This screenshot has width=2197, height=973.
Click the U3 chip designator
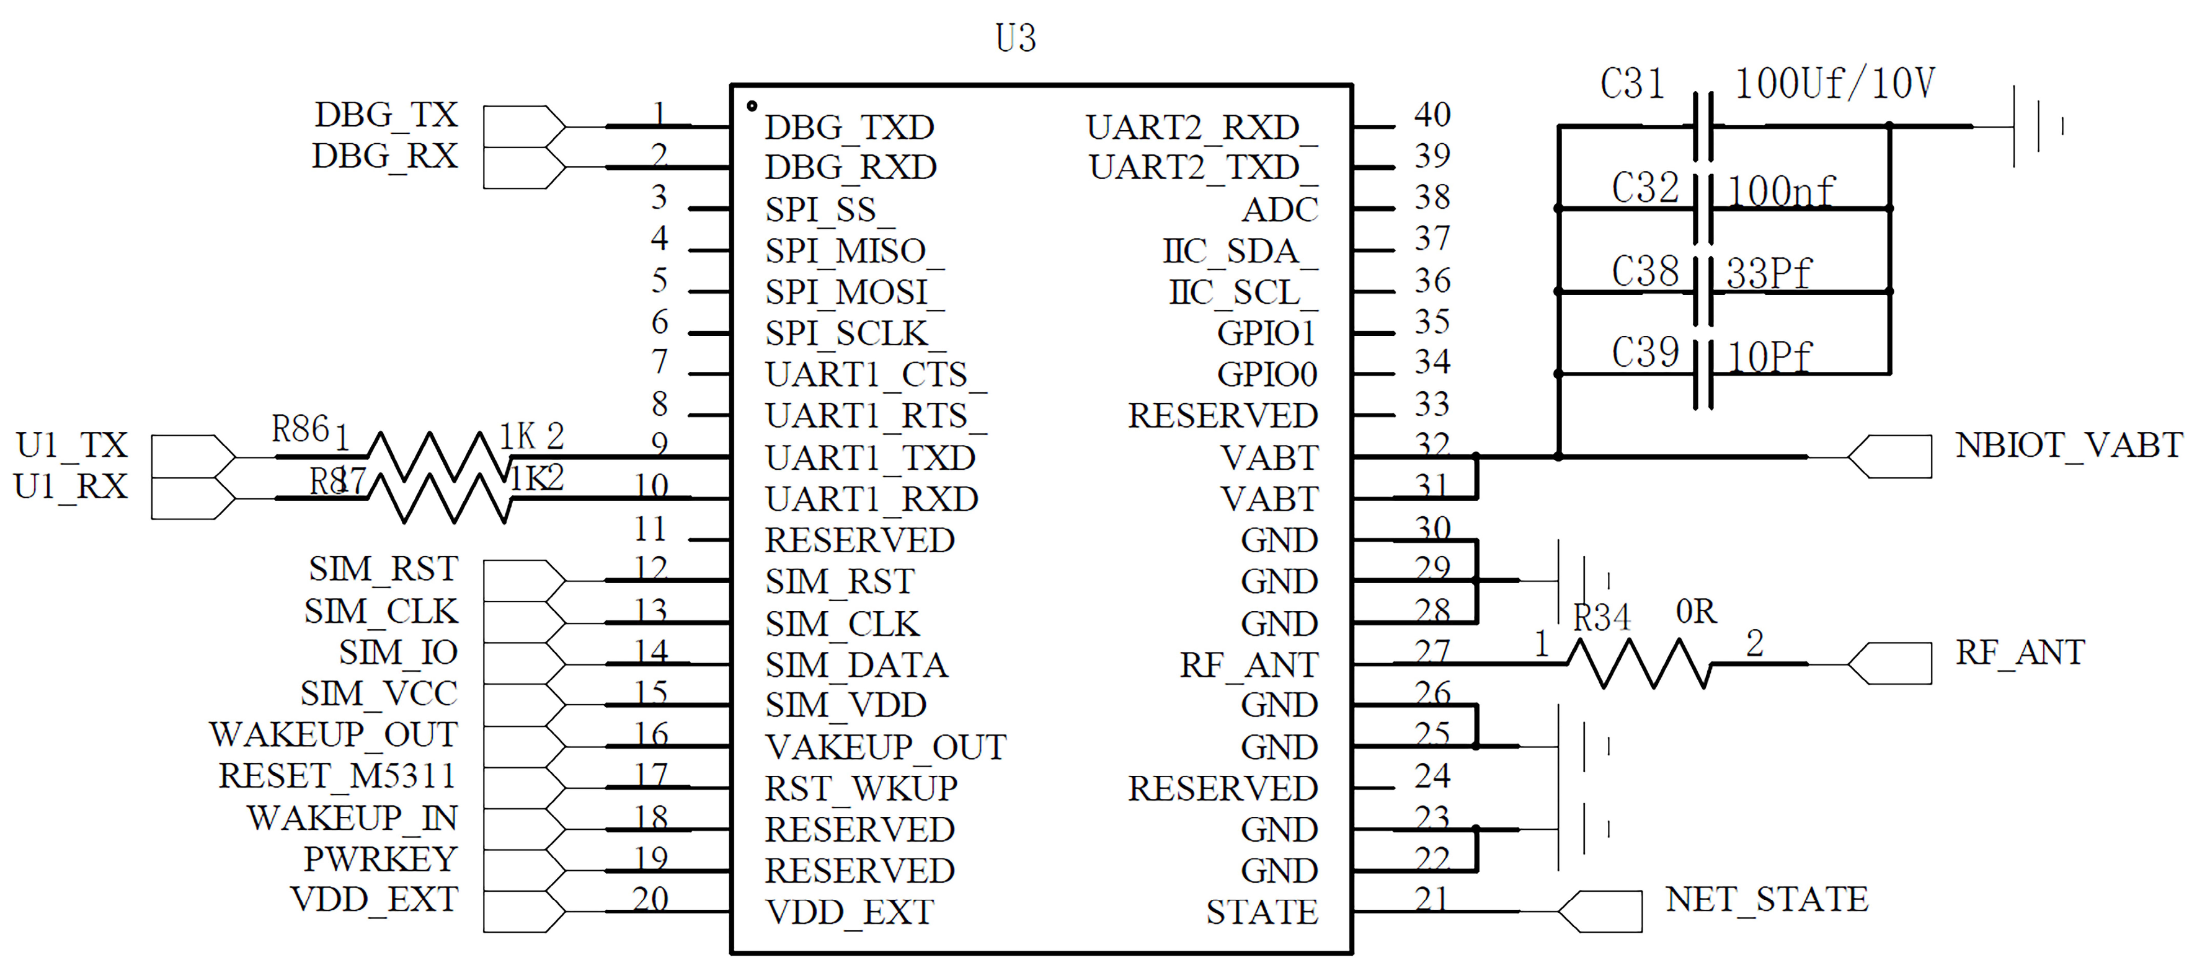[x=1015, y=38]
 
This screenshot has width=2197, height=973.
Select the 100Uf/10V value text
[x=1834, y=84]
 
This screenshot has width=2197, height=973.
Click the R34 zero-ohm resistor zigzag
[x=1639, y=664]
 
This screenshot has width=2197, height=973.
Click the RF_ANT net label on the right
[x=2020, y=653]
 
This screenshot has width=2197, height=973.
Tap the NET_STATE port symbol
[x=1600, y=911]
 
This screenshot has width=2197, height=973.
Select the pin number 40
[x=1432, y=114]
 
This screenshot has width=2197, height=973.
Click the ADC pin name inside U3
[x=1279, y=209]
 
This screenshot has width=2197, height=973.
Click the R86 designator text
[x=300, y=429]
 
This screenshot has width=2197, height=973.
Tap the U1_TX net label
[x=72, y=445]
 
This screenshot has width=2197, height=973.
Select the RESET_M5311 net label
[x=337, y=776]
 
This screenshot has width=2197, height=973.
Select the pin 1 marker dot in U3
[x=752, y=106]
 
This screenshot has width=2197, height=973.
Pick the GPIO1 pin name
[x=1266, y=333]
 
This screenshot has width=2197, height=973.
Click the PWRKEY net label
[x=380, y=859]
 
